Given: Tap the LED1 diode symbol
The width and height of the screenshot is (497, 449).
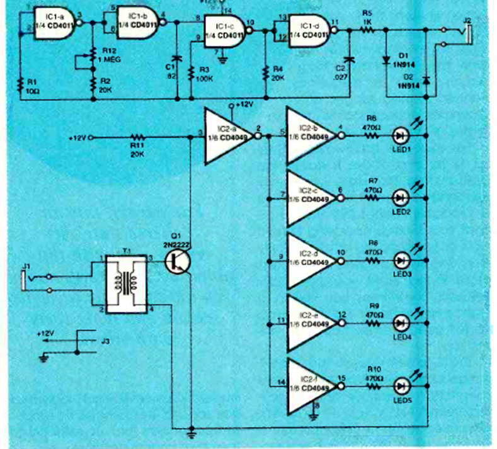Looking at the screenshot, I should pos(400,134).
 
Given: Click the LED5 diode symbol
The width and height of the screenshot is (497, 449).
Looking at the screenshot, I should pos(400,384).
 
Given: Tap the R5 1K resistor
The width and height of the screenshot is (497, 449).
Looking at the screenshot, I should pos(365,30).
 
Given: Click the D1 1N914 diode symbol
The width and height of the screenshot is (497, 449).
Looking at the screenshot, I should pos(386,60).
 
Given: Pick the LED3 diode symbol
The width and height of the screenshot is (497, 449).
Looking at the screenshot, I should pos(400,259).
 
